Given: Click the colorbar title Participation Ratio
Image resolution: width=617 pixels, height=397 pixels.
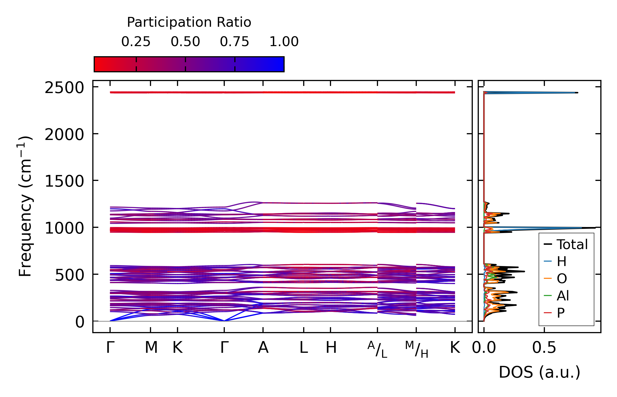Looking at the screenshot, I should (x=189, y=22).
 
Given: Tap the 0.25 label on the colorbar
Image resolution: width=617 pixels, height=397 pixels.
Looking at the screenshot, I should (x=136, y=42).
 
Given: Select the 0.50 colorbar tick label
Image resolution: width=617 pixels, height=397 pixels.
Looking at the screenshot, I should (x=185, y=42).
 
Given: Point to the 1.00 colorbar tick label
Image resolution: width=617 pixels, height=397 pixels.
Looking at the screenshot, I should (x=284, y=42).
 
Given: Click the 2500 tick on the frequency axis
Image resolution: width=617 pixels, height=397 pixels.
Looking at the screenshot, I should (x=64, y=88).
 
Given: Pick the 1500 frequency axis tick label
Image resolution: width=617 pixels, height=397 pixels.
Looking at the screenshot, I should (x=64, y=181).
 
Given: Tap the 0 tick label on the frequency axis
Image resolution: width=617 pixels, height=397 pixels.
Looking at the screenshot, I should (x=80, y=322).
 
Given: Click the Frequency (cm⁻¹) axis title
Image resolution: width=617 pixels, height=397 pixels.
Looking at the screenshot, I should (x=25, y=206).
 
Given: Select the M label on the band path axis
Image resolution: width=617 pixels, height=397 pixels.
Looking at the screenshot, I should (x=151, y=348).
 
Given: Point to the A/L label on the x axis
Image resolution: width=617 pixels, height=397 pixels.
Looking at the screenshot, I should (x=377, y=349).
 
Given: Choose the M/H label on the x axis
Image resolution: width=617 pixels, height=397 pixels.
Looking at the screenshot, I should (x=416, y=349).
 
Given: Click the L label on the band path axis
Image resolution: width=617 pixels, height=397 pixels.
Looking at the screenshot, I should (x=304, y=348).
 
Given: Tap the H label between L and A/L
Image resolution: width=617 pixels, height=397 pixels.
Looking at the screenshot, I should (x=331, y=348).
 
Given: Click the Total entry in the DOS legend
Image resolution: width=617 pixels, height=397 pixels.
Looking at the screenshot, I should (x=572, y=244).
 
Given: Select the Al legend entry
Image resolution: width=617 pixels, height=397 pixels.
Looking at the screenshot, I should (x=563, y=296).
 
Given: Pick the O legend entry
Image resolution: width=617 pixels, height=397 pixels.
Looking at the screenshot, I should (x=562, y=279).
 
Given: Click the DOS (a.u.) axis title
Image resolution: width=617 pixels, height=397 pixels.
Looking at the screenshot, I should (x=539, y=372).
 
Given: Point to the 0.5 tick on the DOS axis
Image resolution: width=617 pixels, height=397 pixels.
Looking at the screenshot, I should (x=544, y=348).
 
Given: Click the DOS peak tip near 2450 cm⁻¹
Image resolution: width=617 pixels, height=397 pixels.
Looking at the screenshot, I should (x=577, y=93).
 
